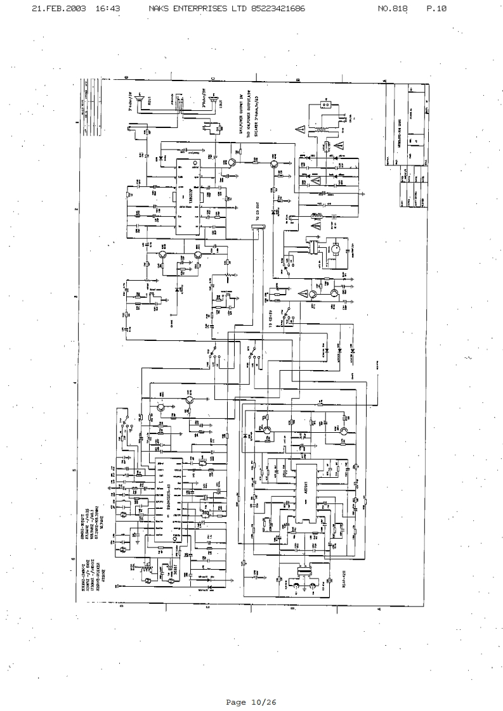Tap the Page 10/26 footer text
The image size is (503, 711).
click(x=251, y=701)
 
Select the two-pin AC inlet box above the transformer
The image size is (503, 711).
click(x=327, y=104)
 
